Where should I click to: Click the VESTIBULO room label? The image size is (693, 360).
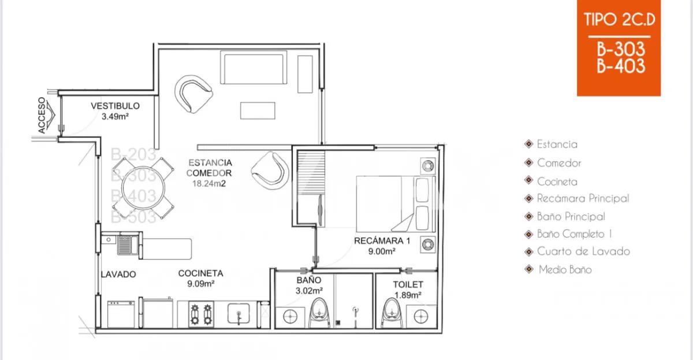[115, 106]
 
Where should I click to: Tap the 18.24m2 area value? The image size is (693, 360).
[210, 184]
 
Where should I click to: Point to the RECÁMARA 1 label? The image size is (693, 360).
[382, 240]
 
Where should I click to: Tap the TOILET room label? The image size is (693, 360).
[408, 284]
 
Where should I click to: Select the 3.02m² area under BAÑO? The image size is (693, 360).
[309, 291]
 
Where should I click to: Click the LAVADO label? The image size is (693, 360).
[118, 274]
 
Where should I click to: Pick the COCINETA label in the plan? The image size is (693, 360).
[200, 273]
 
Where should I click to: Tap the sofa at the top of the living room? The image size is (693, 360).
[254, 69]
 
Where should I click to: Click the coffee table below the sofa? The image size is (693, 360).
[258, 110]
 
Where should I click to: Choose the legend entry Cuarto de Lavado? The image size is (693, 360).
[583, 251]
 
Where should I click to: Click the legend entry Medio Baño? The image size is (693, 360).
[565, 269]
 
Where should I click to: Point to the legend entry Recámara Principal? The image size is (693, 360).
[582, 198]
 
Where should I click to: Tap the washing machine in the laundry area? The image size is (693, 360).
[121, 314]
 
